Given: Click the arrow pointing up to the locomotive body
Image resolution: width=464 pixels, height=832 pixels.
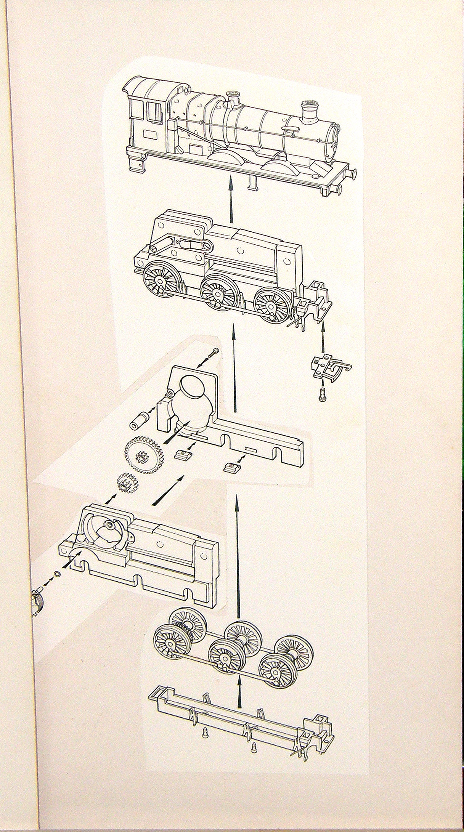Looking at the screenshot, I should point(230,202).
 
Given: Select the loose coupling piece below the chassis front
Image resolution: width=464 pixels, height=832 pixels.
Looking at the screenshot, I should point(328,367).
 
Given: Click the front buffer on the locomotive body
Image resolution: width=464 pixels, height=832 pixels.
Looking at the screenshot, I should point(353,174).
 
